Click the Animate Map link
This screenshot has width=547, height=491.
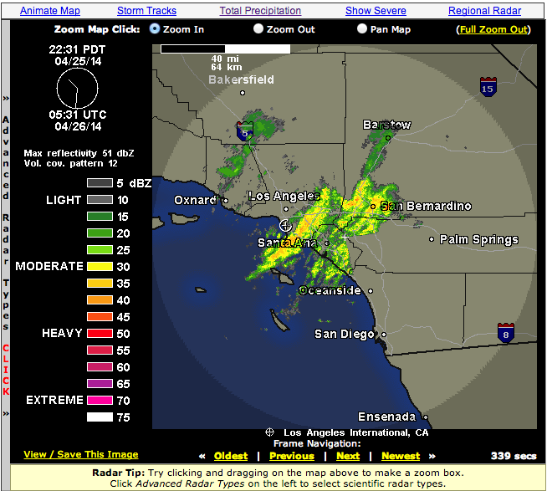50,11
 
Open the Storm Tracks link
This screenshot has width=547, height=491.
146,11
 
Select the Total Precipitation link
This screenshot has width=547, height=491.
260,11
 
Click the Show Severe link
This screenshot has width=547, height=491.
376,11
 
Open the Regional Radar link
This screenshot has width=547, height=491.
484,11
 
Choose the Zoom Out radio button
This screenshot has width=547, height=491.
259,28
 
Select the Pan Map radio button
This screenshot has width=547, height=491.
362,28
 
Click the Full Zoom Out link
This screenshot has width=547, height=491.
493,29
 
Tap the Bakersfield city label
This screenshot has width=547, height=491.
241,79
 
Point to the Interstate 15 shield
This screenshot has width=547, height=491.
487,86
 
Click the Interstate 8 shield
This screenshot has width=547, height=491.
505,332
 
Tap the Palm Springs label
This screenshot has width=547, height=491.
479,240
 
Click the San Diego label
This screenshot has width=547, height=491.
345,334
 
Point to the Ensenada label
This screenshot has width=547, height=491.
386,417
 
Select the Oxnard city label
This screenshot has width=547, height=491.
195,200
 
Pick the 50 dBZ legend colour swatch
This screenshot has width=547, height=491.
100,333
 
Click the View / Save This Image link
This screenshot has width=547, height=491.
81,454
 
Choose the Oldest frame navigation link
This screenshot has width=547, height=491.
231,456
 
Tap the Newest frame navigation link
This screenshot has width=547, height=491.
401,456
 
